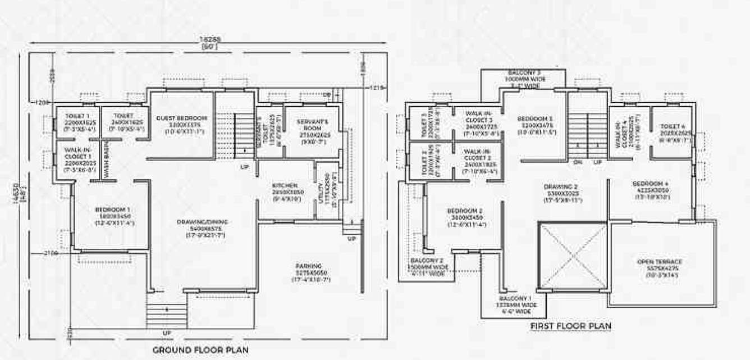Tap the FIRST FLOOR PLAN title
pyautogui.click(x=570, y=326)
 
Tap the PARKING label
pyautogui.click(x=309, y=266)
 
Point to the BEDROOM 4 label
pyautogui.click(x=650, y=184)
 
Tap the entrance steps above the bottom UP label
pyautogui.click(x=166, y=315)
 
